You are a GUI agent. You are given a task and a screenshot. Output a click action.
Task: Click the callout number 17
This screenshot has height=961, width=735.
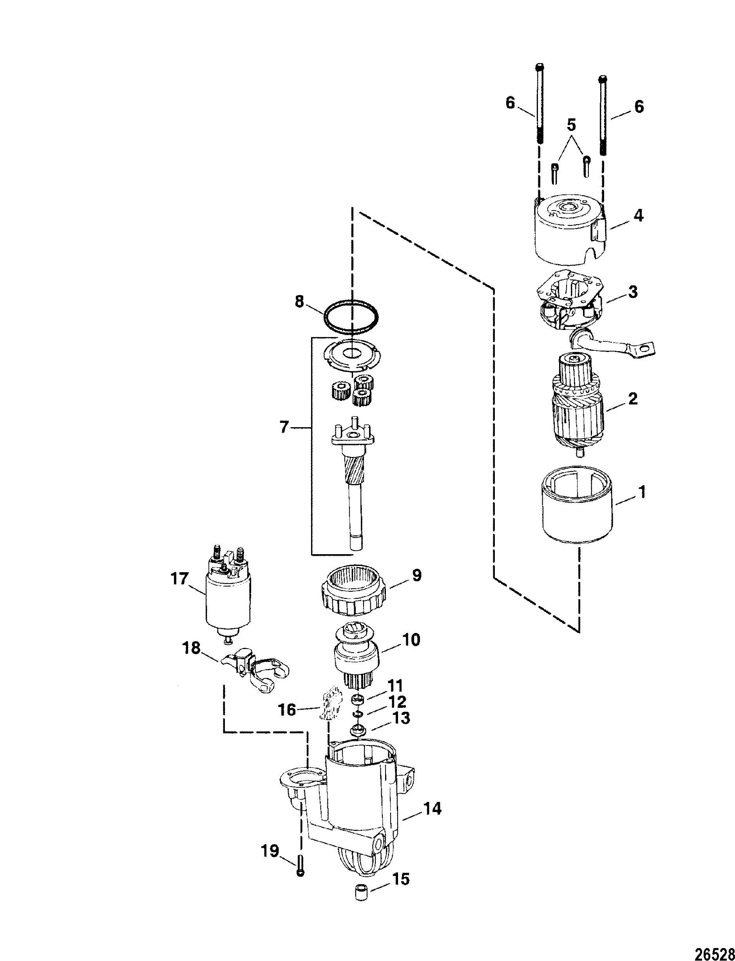179,579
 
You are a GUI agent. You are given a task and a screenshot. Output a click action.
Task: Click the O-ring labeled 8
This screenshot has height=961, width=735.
351,317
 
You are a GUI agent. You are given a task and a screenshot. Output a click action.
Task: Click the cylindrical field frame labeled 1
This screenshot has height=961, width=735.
577,510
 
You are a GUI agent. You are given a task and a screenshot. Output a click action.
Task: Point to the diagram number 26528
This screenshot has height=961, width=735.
715,951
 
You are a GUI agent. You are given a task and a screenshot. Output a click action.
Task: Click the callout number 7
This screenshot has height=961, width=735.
285,427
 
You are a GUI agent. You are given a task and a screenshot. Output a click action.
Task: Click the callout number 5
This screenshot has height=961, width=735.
571,125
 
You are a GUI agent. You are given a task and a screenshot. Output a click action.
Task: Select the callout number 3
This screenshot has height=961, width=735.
633,292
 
